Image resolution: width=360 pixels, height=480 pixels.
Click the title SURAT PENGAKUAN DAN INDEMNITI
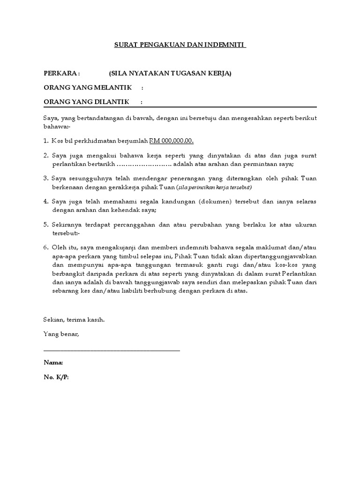point(180,45)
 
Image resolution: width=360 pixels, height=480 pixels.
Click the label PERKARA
point(62,74)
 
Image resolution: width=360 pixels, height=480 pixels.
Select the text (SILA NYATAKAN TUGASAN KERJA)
point(170,74)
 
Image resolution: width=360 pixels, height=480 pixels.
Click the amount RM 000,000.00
point(172,141)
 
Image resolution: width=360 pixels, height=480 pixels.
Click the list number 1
point(45,141)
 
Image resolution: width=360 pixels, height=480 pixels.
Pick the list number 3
point(45,179)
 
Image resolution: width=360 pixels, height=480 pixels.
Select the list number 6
point(45,247)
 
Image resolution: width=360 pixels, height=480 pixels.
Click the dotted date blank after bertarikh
point(143,164)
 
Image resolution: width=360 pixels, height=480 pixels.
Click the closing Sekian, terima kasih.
point(74,320)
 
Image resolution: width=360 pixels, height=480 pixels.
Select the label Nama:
point(53,363)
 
